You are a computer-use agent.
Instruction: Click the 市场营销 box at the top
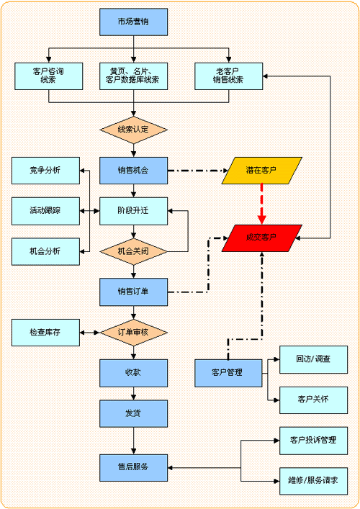[x=133, y=22]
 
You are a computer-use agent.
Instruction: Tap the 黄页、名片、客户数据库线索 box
[x=133, y=76]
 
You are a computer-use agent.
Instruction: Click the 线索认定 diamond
[x=133, y=130]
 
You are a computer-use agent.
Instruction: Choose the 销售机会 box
[x=133, y=171]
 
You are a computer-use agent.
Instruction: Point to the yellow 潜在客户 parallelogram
[x=261, y=171]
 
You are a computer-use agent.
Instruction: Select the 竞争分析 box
[x=45, y=171]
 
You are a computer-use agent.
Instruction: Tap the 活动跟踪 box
[x=45, y=211]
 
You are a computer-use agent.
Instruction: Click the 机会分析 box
[x=45, y=251]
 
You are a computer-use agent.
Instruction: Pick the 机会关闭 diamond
[x=133, y=251]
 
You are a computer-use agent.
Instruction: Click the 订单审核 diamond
[x=133, y=332]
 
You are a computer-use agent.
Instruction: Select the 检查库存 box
[x=45, y=332]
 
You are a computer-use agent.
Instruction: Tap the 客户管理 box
[x=228, y=372]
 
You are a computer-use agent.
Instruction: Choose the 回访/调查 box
[x=313, y=359]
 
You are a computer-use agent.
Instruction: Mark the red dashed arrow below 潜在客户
[x=261, y=203]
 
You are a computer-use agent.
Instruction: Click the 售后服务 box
[x=133, y=467]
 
